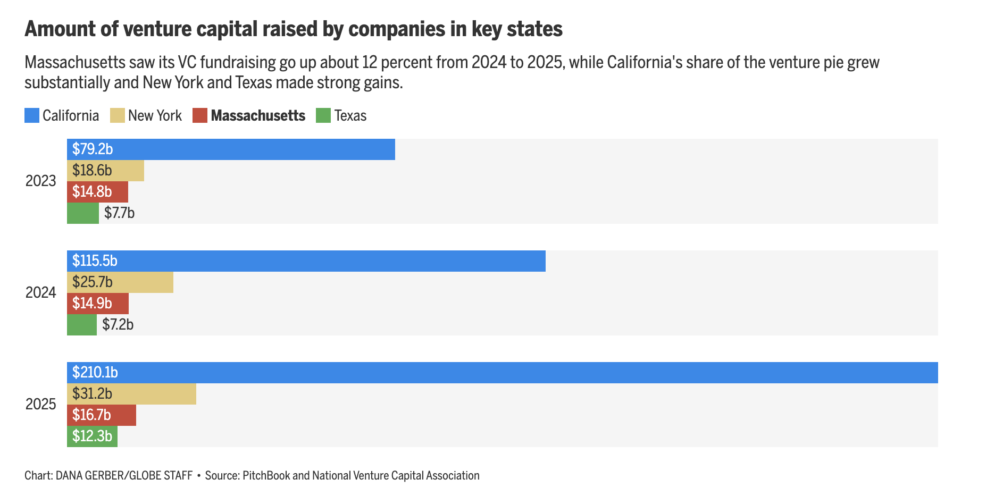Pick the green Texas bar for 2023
(83, 213)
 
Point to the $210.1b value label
(95, 373)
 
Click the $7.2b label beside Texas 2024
(118, 324)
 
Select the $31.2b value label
(92, 394)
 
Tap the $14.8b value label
(92, 192)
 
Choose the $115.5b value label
(95, 261)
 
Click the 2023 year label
(40, 181)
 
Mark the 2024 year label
(40, 293)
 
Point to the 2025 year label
(40, 405)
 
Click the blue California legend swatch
(32, 115)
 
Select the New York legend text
(155, 115)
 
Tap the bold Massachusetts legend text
(258, 115)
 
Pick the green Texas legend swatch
(323, 115)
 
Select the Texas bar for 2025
(92, 436)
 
